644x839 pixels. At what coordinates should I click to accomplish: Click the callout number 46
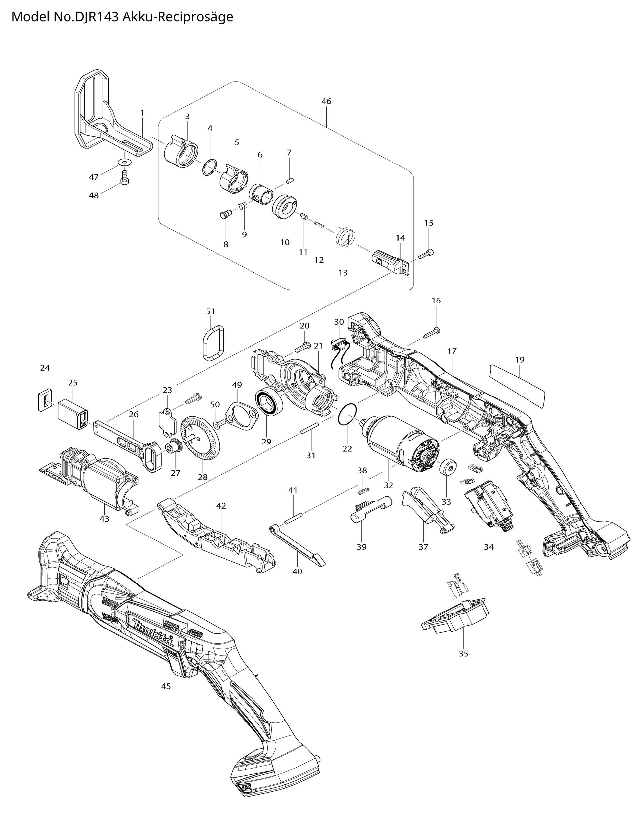click(x=326, y=101)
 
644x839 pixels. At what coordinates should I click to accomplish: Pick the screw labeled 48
click(x=124, y=177)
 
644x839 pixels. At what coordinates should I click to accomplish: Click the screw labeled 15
click(x=427, y=254)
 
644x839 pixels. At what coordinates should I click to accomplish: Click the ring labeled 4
click(x=210, y=167)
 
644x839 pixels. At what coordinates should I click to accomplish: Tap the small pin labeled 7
click(x=290, y=179)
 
